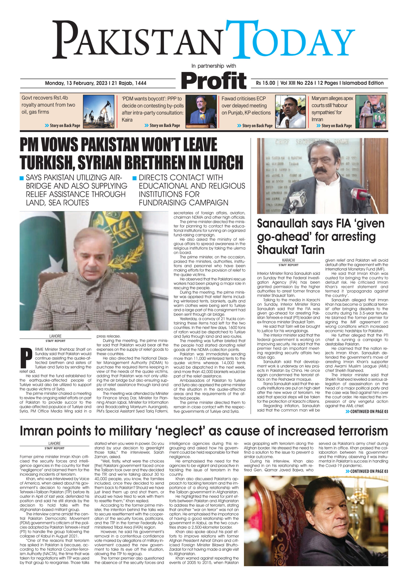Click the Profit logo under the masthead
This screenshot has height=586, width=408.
click(214, 80)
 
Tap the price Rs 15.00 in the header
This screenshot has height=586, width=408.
click(266, 83)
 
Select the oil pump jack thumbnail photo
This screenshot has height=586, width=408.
click(98, 111)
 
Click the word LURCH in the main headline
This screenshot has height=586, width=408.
click(220, 162)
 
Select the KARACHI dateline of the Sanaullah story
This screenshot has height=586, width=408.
click(288, 260)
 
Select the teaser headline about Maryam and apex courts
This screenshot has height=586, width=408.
click(332, 109)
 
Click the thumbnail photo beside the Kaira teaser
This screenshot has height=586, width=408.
click(201, 111)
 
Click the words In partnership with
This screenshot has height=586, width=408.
click(214, 66)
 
